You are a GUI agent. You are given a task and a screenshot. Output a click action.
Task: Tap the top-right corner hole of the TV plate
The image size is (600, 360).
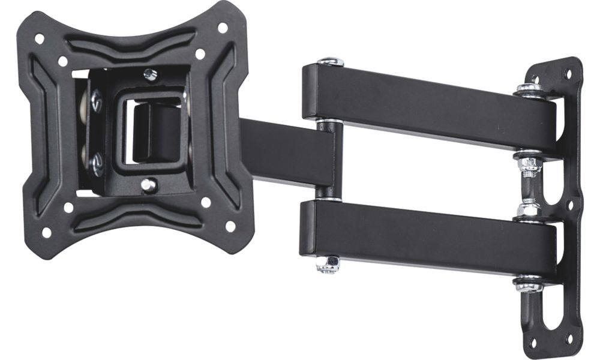click(x=223, y=28)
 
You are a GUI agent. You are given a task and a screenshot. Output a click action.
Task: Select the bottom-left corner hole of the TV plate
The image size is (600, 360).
click(x=46, y=232)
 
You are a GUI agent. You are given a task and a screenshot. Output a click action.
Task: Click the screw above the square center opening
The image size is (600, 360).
click(x=150, y=74)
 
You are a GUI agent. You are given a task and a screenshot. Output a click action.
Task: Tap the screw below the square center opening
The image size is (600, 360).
click(x=148, y=185)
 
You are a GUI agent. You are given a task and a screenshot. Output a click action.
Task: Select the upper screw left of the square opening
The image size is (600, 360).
click(x=96, y=101)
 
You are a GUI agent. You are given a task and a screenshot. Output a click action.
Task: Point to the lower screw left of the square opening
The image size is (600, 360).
click(x=96, y=162)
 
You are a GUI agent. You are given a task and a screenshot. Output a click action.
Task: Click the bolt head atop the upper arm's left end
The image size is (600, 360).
click(x=331, y=61)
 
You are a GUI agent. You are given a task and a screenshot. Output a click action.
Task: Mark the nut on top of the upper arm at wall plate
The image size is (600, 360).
click(x=529, y=89)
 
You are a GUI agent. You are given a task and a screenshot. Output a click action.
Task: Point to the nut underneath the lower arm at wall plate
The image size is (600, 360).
click(x=529, y=283)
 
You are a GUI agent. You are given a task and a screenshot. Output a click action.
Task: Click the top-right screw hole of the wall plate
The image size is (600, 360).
click(x=566, y=74)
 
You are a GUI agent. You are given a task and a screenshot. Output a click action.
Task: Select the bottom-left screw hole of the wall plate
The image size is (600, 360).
click(x=532, y=343)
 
